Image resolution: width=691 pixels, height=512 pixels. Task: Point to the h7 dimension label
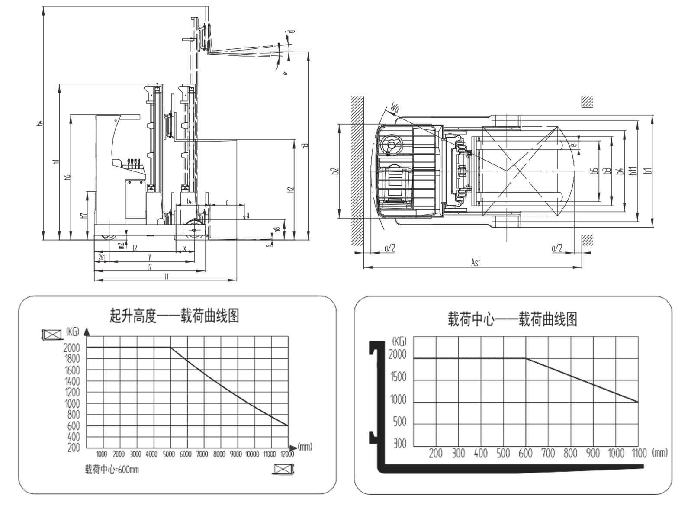85,213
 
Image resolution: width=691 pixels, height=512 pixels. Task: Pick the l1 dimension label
166,276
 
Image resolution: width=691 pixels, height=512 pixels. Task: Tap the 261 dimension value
101,257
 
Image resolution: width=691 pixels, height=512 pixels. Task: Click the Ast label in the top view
475,262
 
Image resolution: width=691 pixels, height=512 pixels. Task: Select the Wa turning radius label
395,107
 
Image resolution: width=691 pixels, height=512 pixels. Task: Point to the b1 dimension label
648,170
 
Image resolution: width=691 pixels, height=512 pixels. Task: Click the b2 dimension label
334,171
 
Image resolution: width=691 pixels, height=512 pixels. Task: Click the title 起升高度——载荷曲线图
174,316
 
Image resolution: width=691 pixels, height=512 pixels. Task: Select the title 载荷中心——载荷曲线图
512,319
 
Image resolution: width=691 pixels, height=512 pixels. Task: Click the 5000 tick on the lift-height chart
169,454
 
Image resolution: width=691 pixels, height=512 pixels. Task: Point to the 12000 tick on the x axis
287,454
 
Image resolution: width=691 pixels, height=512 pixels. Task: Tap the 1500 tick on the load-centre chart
398,377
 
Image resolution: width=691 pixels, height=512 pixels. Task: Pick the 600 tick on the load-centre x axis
525,453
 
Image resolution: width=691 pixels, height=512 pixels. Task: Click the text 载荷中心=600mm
112,470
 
